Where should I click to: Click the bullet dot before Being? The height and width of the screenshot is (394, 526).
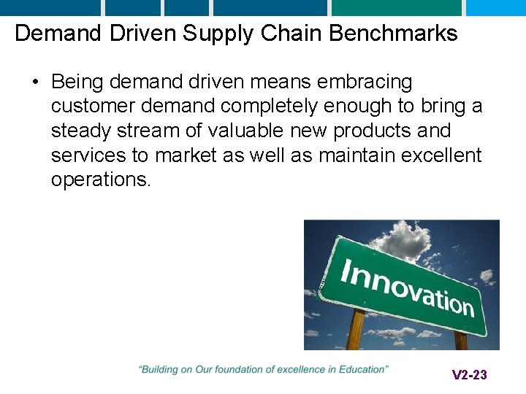36,82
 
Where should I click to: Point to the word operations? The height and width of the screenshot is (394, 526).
101,180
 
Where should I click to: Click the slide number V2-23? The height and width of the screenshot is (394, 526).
469,375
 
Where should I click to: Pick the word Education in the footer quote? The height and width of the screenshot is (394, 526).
363,370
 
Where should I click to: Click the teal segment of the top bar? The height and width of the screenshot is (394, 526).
397,7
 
